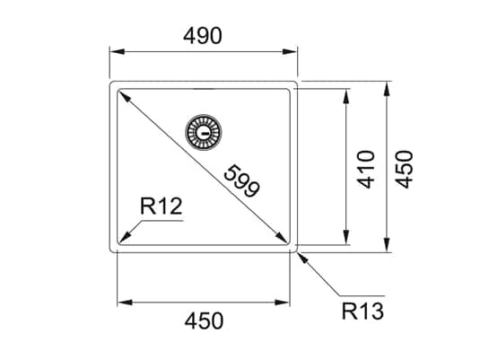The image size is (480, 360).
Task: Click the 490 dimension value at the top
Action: click(204, 35)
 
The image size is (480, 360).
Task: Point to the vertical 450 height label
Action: click(405, 169)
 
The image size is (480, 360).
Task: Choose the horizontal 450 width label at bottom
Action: click(204, 320)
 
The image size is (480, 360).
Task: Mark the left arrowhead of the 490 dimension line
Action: click(115, 53)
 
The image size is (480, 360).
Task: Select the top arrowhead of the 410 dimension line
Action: click(346, 92)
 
